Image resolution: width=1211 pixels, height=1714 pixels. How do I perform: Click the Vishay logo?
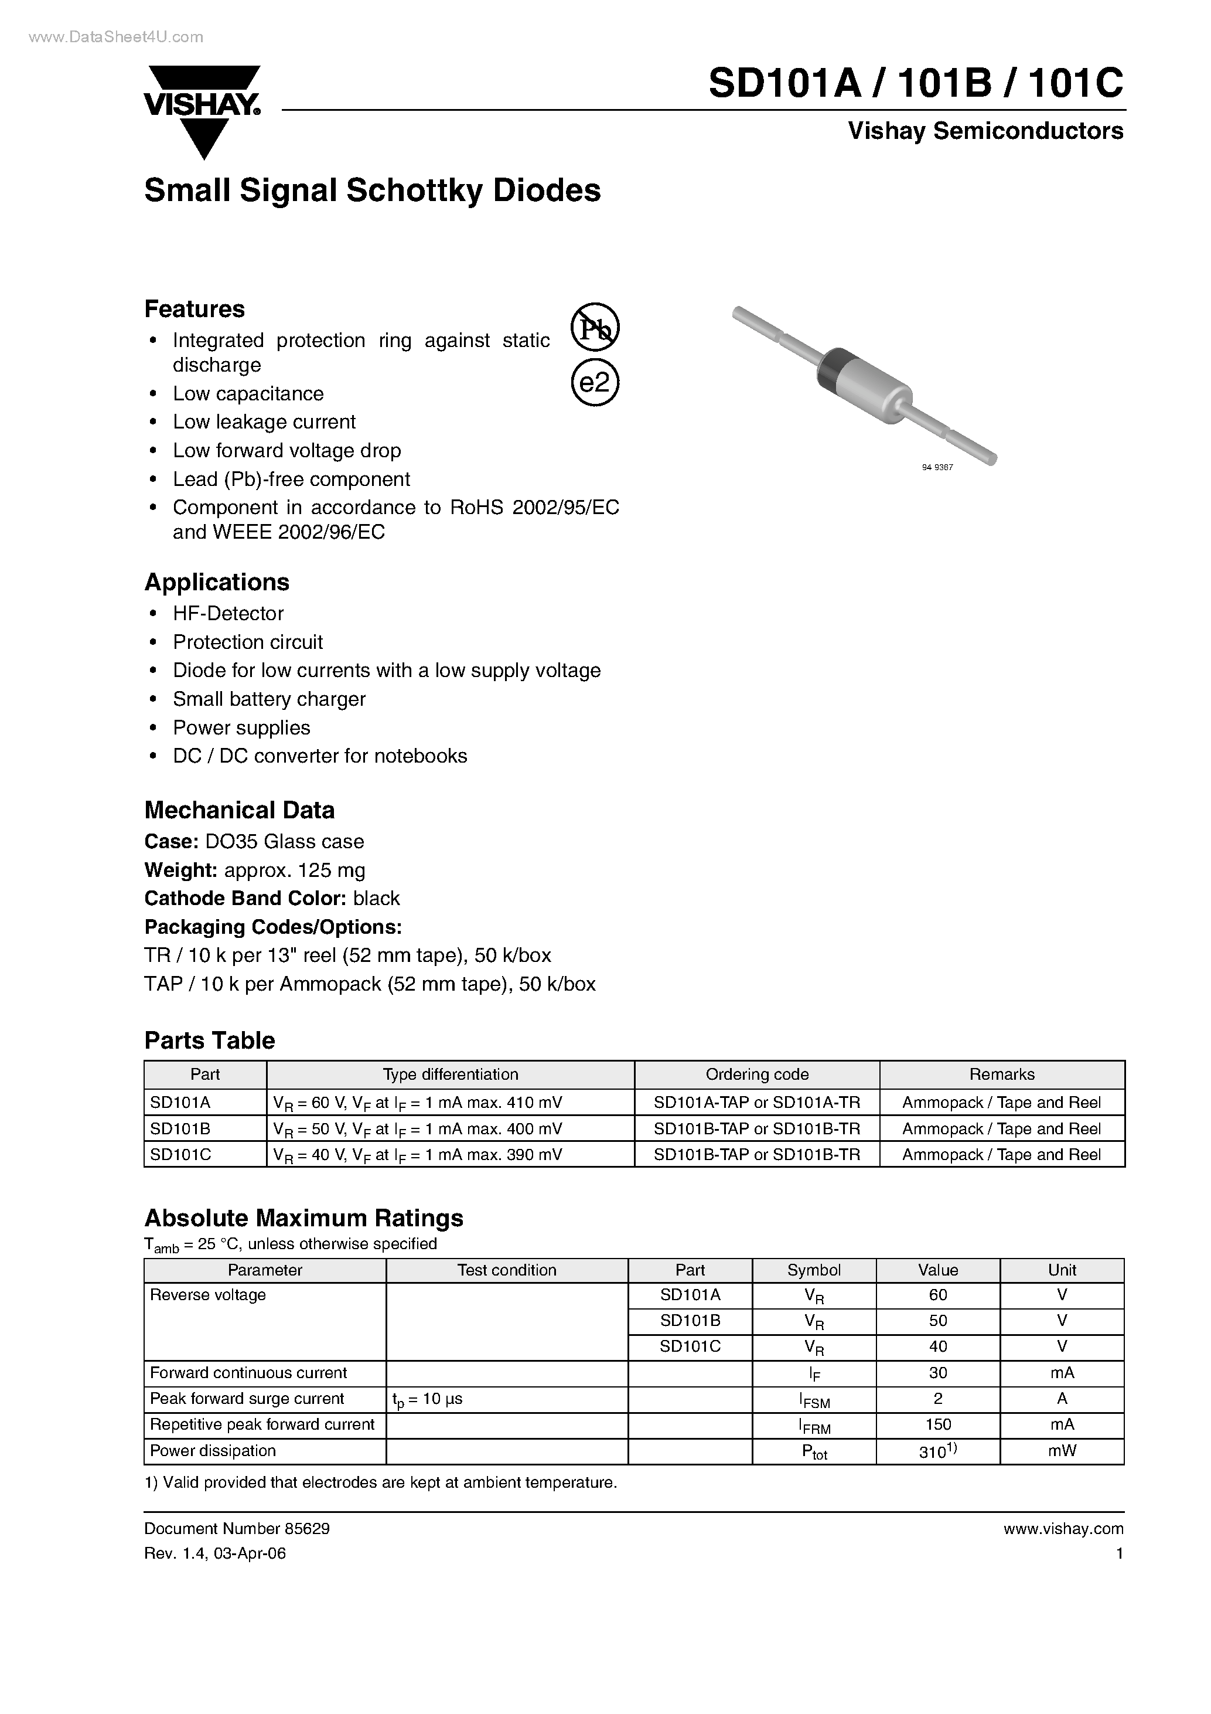(x=202, y=110)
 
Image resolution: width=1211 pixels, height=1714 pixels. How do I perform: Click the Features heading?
(x=194, y=309)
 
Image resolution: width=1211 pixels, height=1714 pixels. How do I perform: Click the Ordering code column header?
(x=756, y=1074)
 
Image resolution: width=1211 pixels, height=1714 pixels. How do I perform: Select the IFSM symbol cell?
(x=813, y=1400)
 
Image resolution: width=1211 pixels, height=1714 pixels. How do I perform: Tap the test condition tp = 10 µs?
(x=427, y=1399)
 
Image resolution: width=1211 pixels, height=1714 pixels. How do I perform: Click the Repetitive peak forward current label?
(x=262, y=1424)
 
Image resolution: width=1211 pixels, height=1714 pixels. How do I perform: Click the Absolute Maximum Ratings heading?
(x=303, y=1218)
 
